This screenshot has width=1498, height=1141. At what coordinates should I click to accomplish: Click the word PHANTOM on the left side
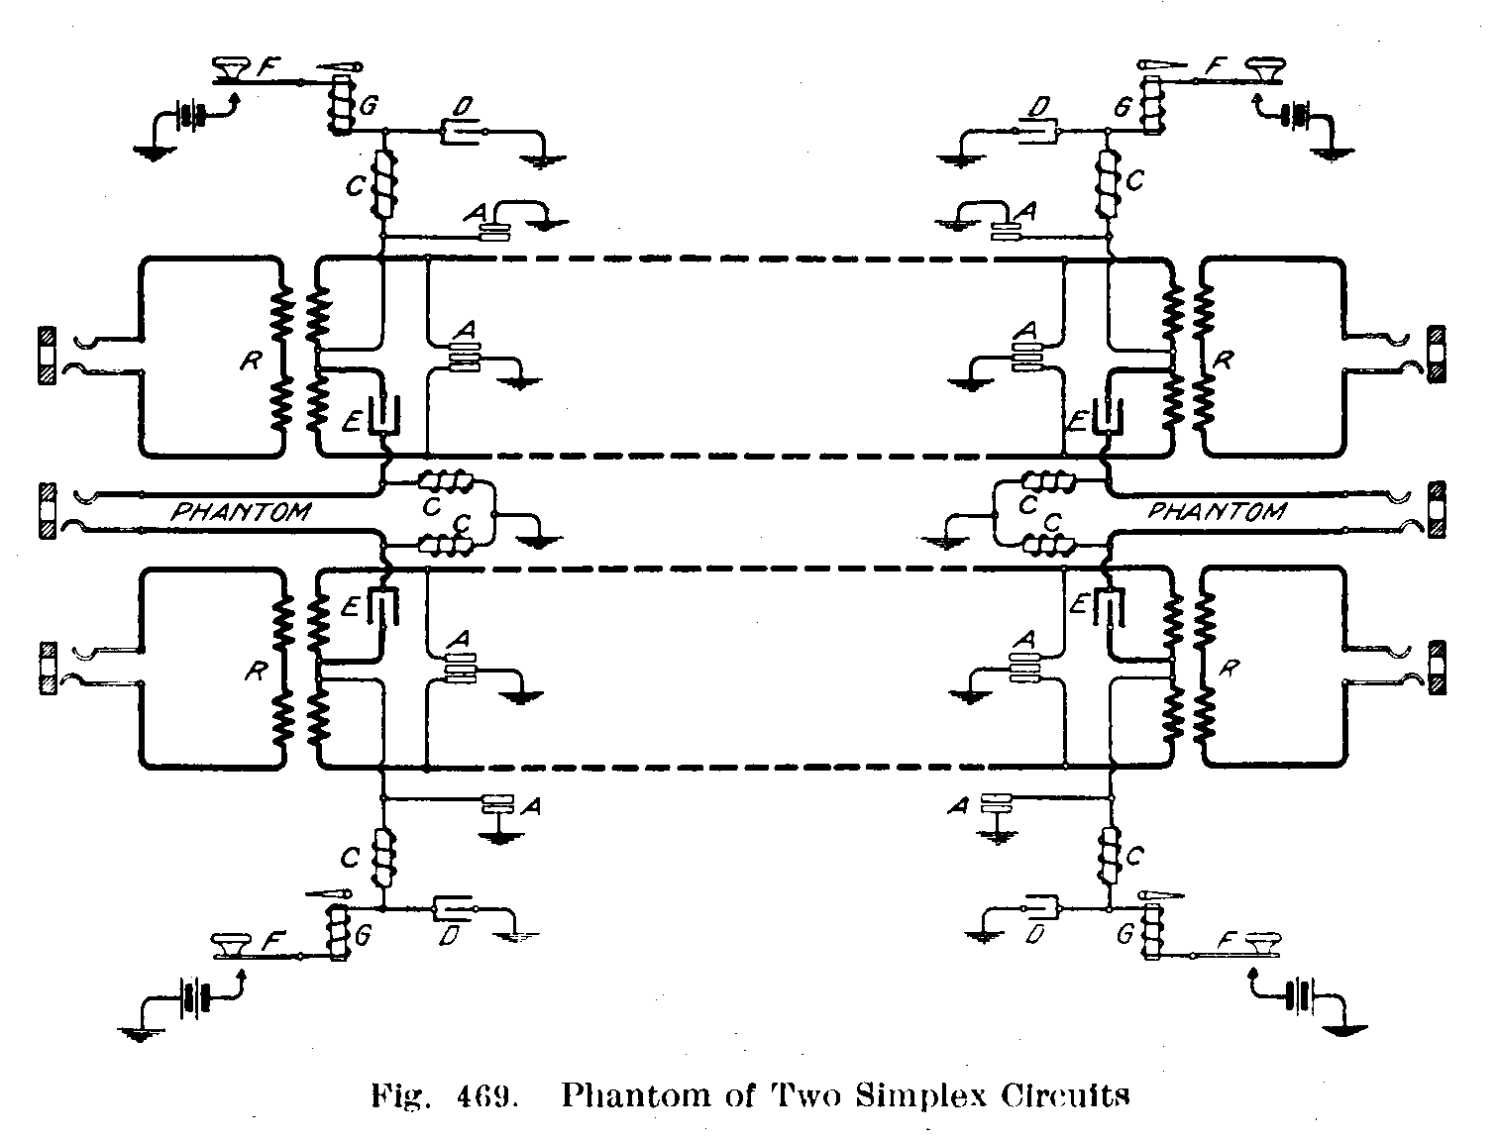click(x=241, y=512)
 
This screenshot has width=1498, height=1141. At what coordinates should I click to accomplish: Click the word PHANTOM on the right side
click(x=1217, y=511)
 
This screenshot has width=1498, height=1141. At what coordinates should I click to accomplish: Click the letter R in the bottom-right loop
click(x=1227, y=668)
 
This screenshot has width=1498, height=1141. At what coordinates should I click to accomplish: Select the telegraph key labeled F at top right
click(x=1264, y=69)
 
